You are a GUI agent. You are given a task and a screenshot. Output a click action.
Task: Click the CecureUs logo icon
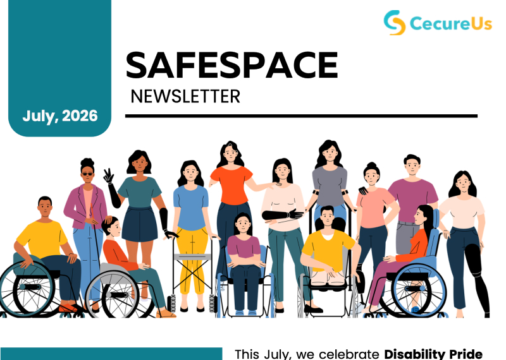click(x=394, y=22)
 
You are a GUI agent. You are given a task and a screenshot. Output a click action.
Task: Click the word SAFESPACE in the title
click(x=231, y=65)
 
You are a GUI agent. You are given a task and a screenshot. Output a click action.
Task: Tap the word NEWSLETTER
click(x=185, y=97)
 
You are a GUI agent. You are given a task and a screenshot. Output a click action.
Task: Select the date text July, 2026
click(x=60, y=116)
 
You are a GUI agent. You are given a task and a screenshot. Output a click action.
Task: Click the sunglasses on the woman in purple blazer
click(x=87, y=174)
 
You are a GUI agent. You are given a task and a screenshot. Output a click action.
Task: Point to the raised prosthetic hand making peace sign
click(x=108, y=176)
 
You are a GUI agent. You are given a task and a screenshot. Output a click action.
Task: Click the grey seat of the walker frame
click(x=192, y=257)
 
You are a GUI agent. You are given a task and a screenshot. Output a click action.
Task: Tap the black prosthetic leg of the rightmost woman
click(x=477, y=277)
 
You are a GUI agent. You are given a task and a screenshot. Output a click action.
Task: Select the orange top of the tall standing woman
click(x=231, y=185)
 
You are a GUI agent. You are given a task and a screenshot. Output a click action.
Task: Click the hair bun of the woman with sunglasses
click(x=87, y=162)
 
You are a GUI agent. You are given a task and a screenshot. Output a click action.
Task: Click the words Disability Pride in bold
click(x=433, y=354)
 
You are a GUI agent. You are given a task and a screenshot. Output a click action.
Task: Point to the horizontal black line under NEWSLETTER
click(x=301, y=116)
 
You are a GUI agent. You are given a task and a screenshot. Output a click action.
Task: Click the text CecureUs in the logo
click(x=451, y=23)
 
